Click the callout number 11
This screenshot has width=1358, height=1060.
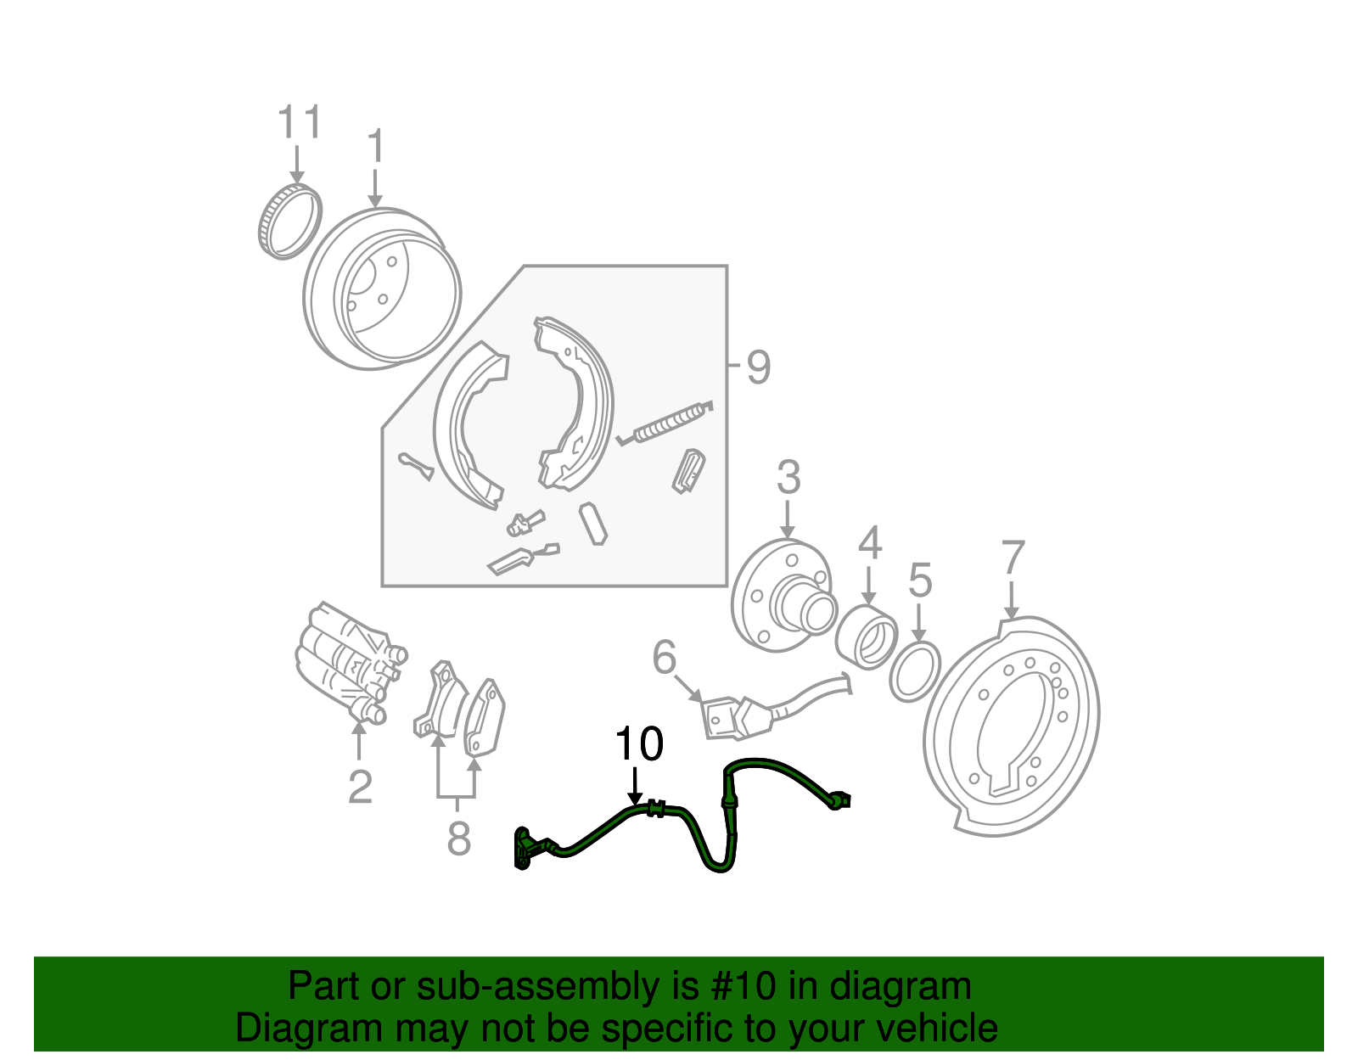tap(300, 123)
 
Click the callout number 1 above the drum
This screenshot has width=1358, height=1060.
tap(375, 148)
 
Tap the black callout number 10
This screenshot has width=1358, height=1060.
tap(638, 745)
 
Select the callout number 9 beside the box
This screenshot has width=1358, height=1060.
tap(758, 368)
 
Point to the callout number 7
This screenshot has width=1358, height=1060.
tap(1013, 558)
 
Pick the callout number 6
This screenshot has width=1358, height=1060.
tap(665, 658)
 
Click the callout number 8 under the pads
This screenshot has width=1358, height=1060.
tap(458, 839)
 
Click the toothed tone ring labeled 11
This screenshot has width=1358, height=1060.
tap(289, 221)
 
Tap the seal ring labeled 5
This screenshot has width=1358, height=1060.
tap(915, 671)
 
